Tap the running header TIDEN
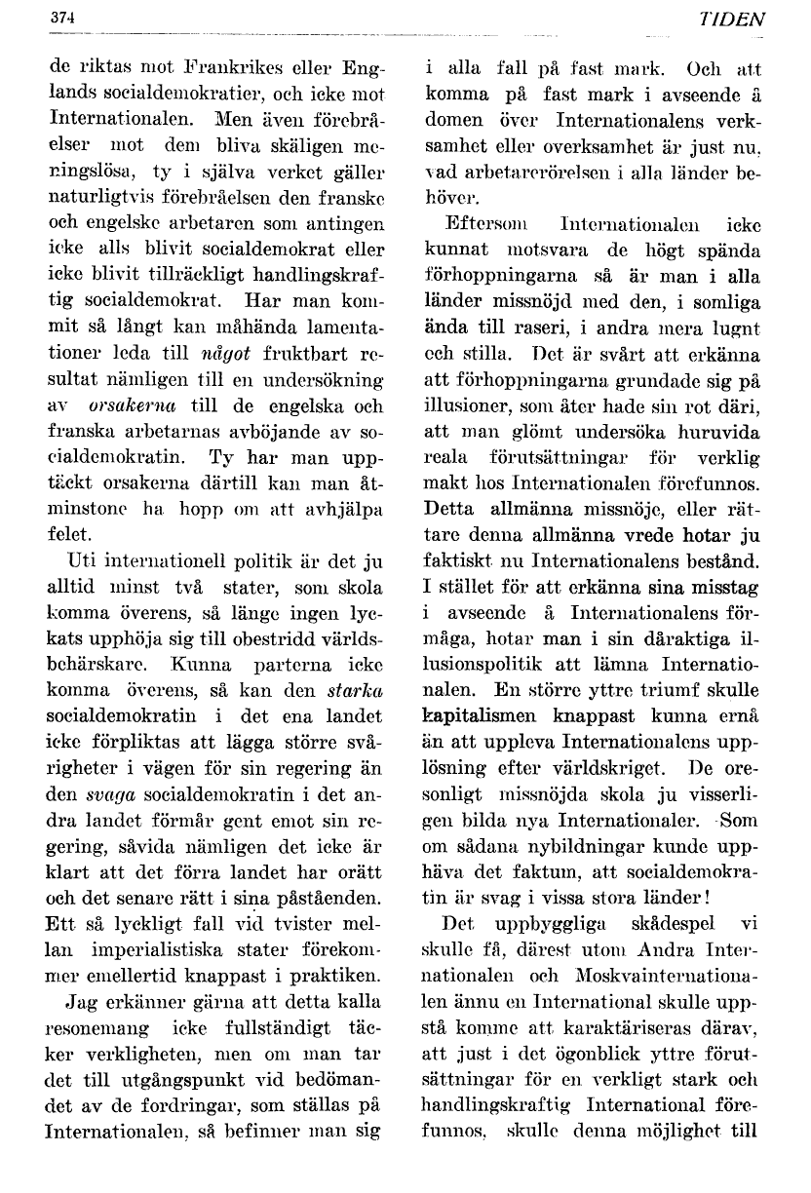(738, 19)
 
